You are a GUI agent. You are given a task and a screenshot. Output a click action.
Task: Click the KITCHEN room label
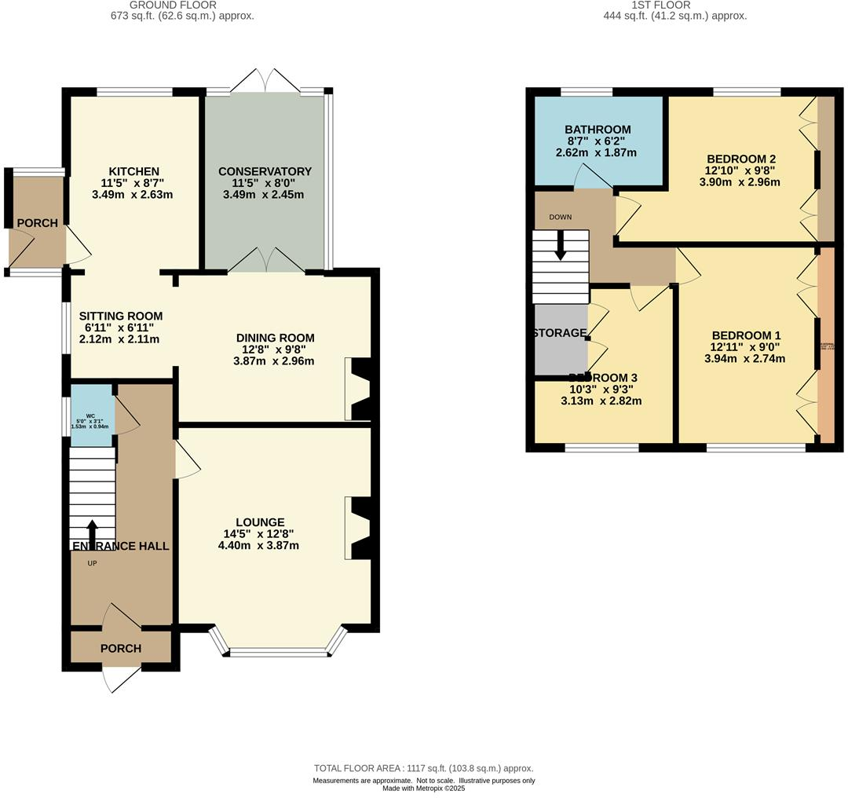click(x=134, y=171)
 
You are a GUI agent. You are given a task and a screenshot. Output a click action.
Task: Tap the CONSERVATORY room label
click(x=265, y=171)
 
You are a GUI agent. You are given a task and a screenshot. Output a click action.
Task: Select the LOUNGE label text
click(x=258, y=522)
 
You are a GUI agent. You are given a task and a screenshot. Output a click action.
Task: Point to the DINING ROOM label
click(x=275, y=338)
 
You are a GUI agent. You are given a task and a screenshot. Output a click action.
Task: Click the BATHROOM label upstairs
click(x=598, y=130)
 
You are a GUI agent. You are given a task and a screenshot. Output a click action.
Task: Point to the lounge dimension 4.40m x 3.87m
click(x=258, y=545)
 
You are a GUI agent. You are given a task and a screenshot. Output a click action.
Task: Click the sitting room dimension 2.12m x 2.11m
click(x=119, y=339)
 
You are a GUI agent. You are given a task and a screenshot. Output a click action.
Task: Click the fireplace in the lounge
click(x=358, y=528)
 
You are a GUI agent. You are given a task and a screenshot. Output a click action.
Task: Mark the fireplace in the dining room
click(x=358, y=389)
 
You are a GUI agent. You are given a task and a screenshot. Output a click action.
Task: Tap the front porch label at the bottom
click(x=121, y=648)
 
